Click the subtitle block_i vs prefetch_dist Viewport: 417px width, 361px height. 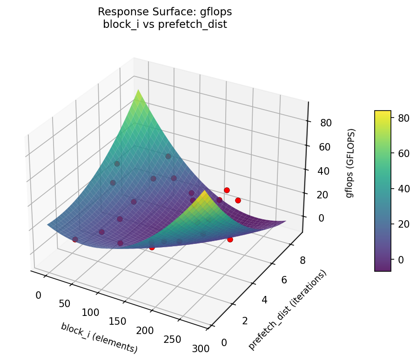click(165, 25)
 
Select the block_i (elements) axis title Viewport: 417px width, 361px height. click(99, 337)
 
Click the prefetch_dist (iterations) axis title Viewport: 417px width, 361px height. click(287, 310)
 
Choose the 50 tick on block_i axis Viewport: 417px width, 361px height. click(65, 304)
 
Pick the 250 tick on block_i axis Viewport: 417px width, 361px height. click(172, 339)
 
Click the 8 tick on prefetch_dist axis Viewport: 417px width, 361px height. click(302, 261)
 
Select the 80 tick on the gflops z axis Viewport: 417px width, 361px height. click(325, 123)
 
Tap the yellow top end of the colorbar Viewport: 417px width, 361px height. click(383, 113)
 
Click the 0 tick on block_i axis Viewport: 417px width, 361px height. click(38, 295)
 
